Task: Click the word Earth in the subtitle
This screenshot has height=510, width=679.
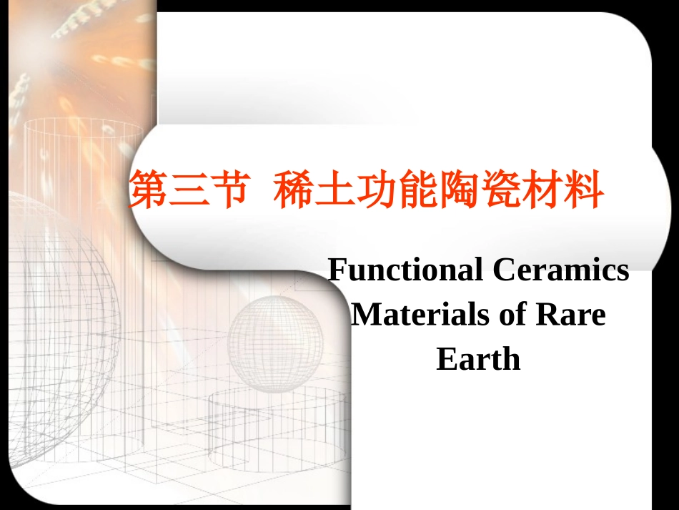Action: pyautogui.click(x=478, y=359)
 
